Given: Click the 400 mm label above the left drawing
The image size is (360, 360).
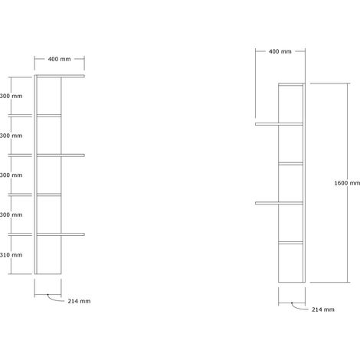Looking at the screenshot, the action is [59, 59].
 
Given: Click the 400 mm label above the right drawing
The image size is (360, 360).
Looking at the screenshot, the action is [280, 51].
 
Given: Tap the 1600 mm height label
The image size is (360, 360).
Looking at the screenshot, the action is [347, 183].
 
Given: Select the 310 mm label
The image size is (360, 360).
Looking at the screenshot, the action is [11, 254].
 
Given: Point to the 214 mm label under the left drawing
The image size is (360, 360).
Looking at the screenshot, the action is [79, 301].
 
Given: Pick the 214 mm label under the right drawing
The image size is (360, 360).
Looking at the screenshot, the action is [323, 309].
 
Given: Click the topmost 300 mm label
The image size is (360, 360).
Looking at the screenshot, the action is [11, 96].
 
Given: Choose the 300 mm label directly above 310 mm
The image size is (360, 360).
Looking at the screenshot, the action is [11, 214].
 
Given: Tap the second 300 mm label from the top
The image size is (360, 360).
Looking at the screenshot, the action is [11, 136].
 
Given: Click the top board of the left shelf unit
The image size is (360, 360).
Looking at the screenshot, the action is [61, 76].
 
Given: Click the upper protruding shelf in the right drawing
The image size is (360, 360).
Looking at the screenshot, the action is [279, 124].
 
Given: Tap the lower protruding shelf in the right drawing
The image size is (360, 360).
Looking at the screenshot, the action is [279, 203].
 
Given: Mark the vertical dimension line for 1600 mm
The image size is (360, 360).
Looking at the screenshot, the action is [347, 183].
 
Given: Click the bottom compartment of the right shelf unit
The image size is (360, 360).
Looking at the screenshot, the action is [290, 263].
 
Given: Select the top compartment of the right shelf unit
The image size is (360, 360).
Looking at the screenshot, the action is [290, 104].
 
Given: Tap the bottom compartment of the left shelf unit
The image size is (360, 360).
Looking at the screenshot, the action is [49, 254].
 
